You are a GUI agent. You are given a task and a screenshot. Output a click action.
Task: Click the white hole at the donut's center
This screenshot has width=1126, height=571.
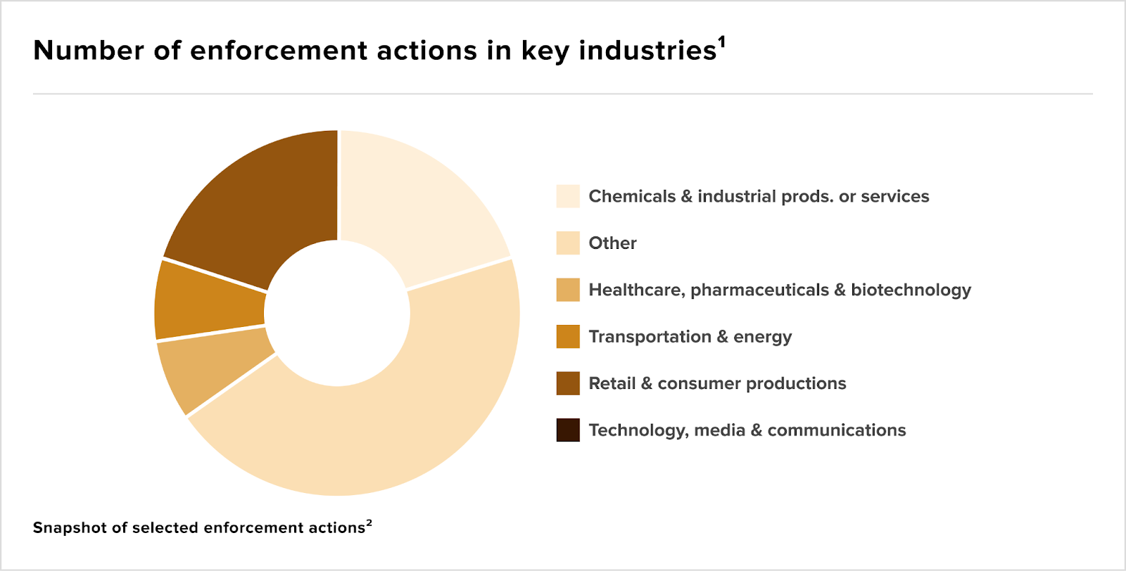pos(337,314)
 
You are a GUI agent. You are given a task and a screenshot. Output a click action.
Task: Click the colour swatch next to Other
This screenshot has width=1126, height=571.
pos(568,243)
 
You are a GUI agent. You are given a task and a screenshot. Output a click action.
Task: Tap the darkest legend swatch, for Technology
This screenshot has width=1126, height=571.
pos(568,430)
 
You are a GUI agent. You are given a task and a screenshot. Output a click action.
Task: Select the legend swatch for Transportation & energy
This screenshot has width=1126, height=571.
pos(568,336)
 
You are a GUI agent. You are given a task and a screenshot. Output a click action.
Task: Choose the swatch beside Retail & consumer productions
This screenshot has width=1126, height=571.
pos(568,383)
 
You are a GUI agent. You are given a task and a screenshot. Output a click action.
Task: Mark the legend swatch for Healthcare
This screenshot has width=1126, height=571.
pos(568,290)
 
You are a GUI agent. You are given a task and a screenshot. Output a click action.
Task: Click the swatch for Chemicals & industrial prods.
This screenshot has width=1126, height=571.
pos(568,196)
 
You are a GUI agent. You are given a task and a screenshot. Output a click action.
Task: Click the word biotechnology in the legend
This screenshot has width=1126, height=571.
pos(911,290)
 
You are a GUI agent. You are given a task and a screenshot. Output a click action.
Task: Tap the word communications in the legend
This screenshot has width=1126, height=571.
pos(837,430)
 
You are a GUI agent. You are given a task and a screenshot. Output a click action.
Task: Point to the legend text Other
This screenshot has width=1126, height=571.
pos(612,243)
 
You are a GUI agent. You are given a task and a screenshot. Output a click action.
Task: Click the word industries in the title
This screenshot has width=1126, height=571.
pos(647,51)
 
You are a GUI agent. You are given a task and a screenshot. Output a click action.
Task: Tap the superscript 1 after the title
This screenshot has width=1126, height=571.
pos(722,41)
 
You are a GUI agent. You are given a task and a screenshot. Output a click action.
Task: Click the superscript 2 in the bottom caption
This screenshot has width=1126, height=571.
pos(369,523)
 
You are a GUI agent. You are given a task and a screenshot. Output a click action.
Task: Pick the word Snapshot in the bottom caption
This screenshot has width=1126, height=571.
pos(70,528)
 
